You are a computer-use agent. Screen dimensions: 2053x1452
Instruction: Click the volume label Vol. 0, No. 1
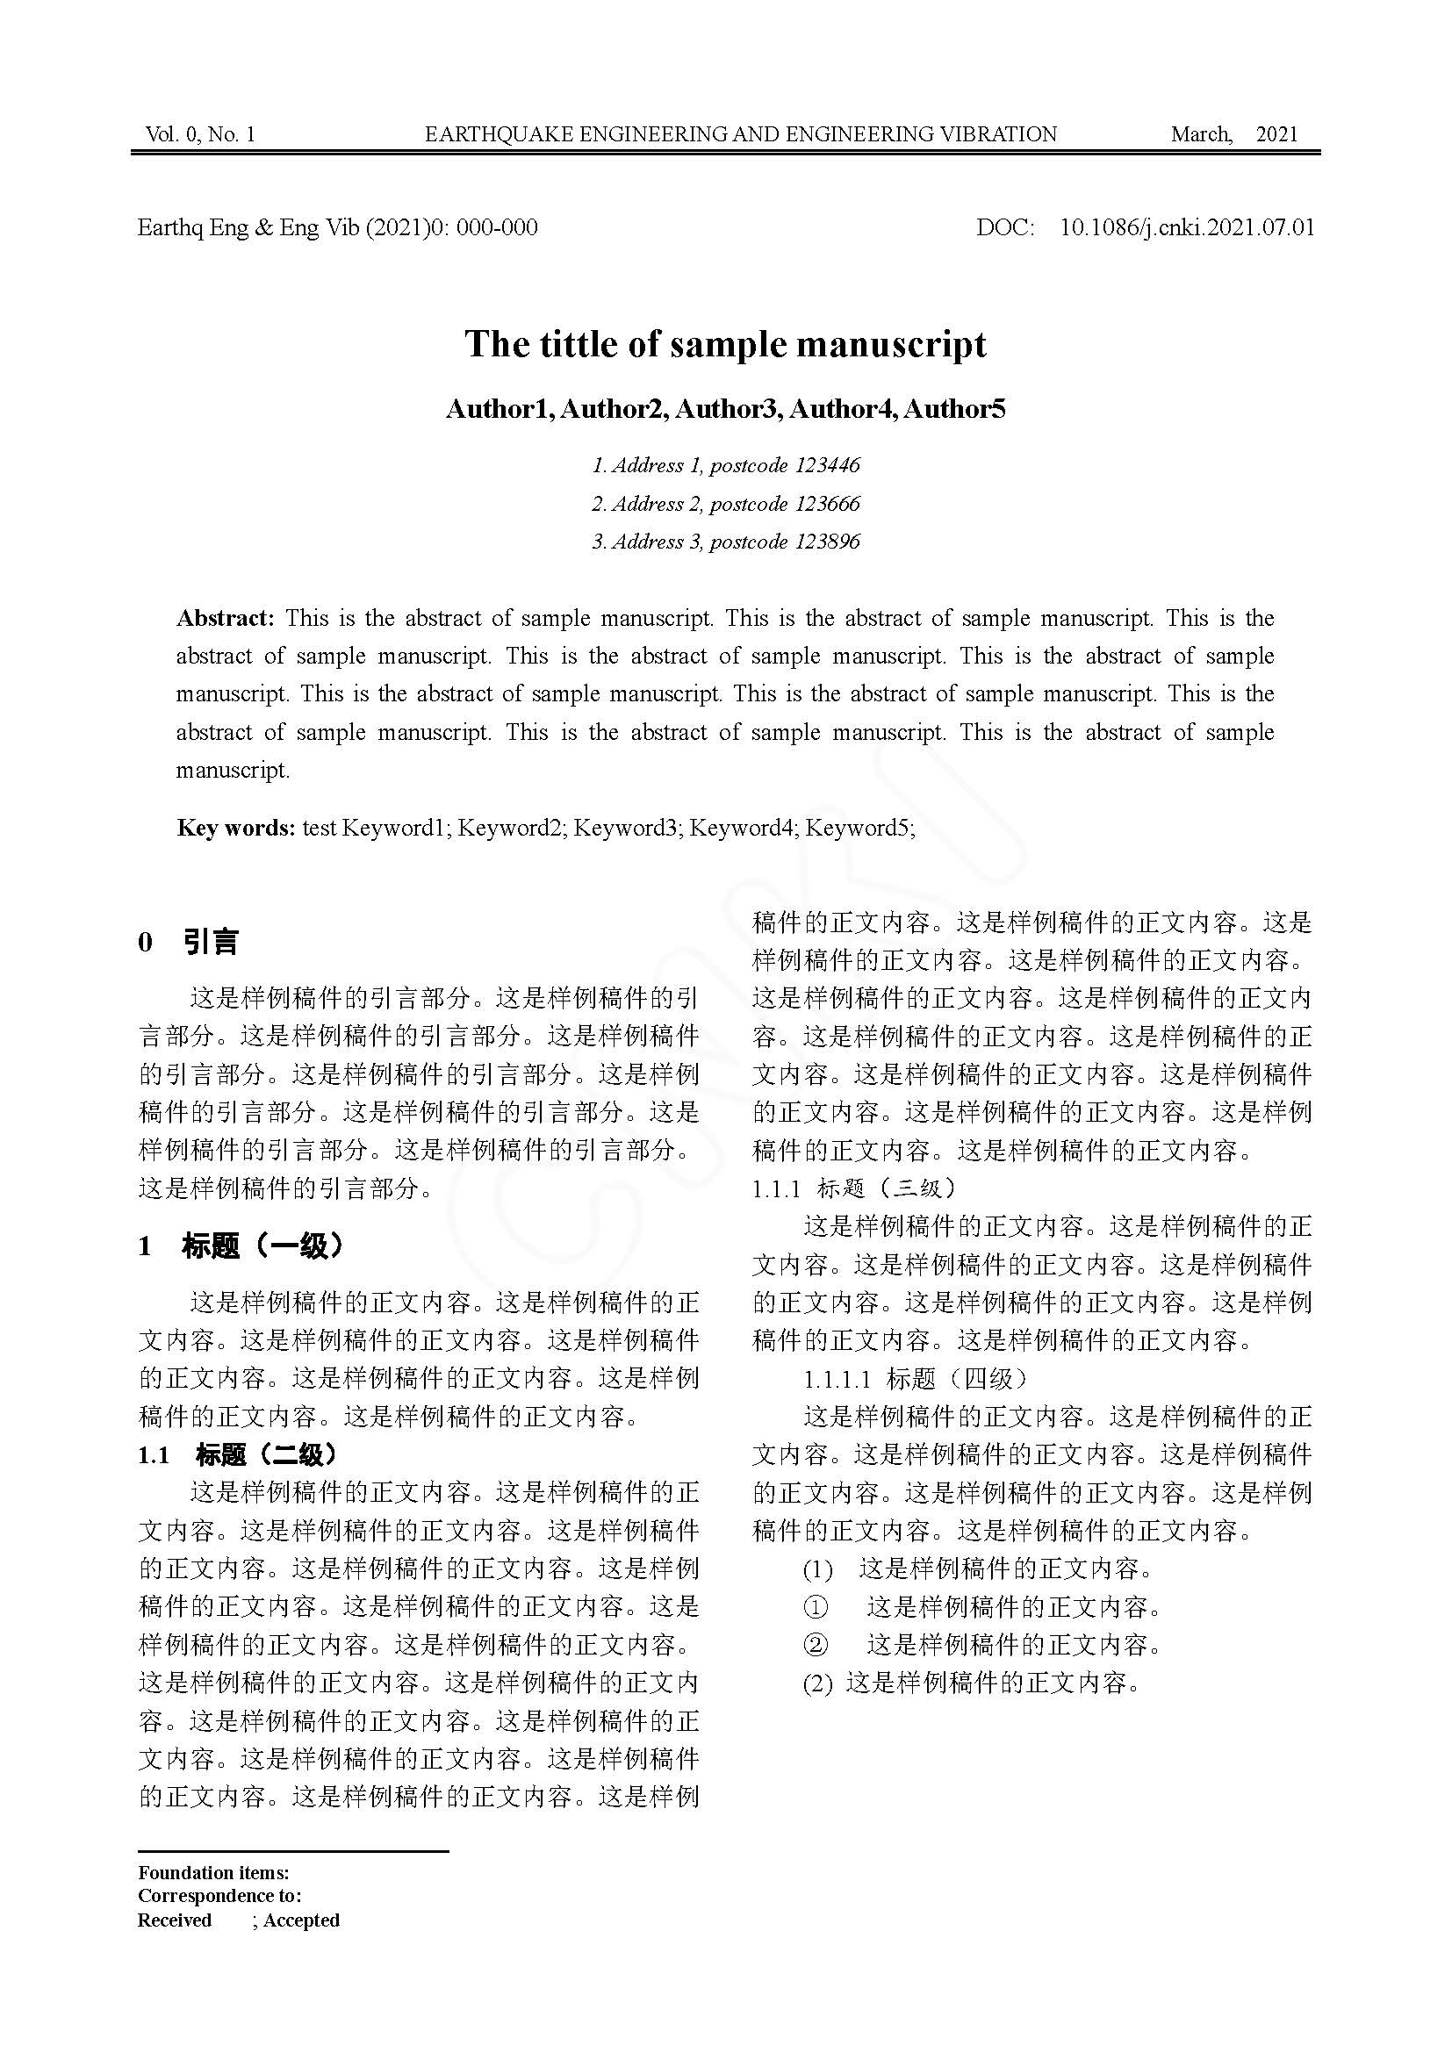(x=200, y=134)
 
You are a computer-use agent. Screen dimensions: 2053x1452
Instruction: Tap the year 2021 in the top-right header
(x=1276, y=134)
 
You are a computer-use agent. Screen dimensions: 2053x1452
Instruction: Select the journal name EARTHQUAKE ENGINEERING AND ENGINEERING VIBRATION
(x=740, y=134)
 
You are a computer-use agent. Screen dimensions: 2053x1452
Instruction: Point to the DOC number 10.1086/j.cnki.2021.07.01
(x=1188, y=227)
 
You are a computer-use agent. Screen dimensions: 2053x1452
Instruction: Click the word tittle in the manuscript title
(x=571, y=344)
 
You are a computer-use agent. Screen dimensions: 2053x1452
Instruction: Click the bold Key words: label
(x=236, y=827)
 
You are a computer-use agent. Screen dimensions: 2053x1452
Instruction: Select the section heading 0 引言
(x=189, y=942)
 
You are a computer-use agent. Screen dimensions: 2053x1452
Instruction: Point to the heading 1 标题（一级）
(x=241, y=1245)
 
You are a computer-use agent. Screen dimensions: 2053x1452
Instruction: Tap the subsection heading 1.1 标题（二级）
(x=238, y=1454)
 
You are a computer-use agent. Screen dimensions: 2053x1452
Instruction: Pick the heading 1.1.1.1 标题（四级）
(x=916, y=1378)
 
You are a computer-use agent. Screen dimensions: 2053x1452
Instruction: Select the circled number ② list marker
(x=816, y=1644)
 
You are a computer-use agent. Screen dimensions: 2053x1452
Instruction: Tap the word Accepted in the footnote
(x=301, y=1920)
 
